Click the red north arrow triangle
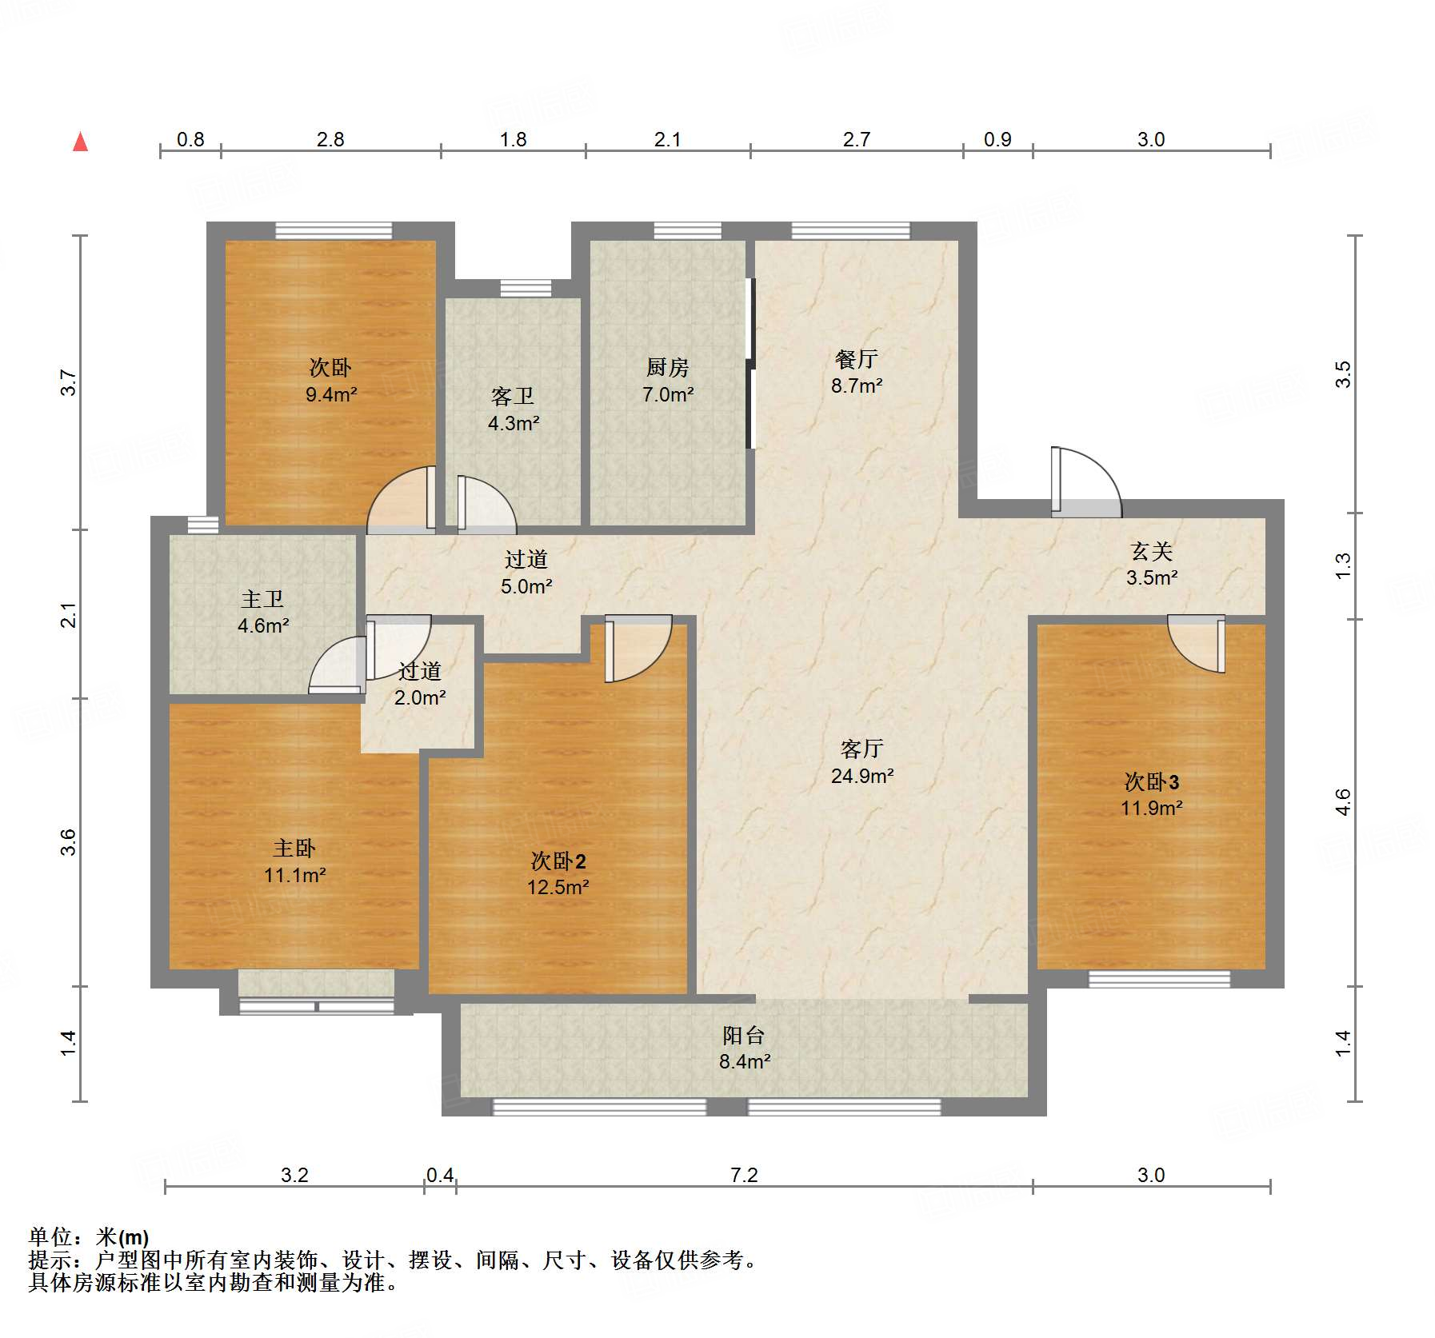point(80,142)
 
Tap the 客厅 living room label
point(861,749)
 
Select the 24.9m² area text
point(861,776)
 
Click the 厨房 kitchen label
point(667,367)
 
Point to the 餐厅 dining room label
point(856,359)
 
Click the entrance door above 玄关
point(1085,484)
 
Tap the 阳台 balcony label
point(744,1036)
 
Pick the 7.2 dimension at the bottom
point(744,1175)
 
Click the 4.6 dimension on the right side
point(1343,802)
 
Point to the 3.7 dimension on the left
point(69,382)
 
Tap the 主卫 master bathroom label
point(262,599)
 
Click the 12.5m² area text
point(558,887)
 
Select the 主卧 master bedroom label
point(294,848)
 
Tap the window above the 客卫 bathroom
point(526,288)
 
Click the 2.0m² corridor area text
point(420,697)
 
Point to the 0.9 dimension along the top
point(997,139)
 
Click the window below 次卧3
point(1159,979)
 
